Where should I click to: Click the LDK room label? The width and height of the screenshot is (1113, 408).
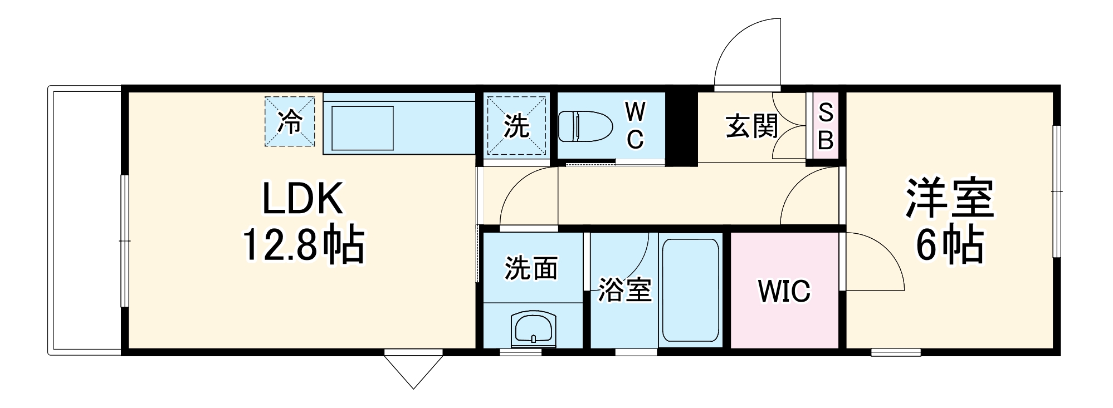[x=302, y=199]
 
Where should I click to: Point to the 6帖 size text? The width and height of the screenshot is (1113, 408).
[x=950, y=244]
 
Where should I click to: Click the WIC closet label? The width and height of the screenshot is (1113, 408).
[x=784, y=291]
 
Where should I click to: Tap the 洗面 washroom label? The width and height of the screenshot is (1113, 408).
[x=531, y=268]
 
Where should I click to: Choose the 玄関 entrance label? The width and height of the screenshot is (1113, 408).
[x=751, y=126]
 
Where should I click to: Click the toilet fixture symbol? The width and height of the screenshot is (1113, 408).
[x=585, y=126]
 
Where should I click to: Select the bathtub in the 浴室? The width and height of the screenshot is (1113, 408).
[x=691, y=290]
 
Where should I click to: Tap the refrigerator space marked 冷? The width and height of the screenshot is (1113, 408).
[x=290, y=122]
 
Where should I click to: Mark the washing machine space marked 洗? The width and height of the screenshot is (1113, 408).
[x=516, y=126]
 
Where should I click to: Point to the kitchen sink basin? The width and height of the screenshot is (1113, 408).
[x=363, y=128]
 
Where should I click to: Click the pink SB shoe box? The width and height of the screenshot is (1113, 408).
[x=826, y=126]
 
